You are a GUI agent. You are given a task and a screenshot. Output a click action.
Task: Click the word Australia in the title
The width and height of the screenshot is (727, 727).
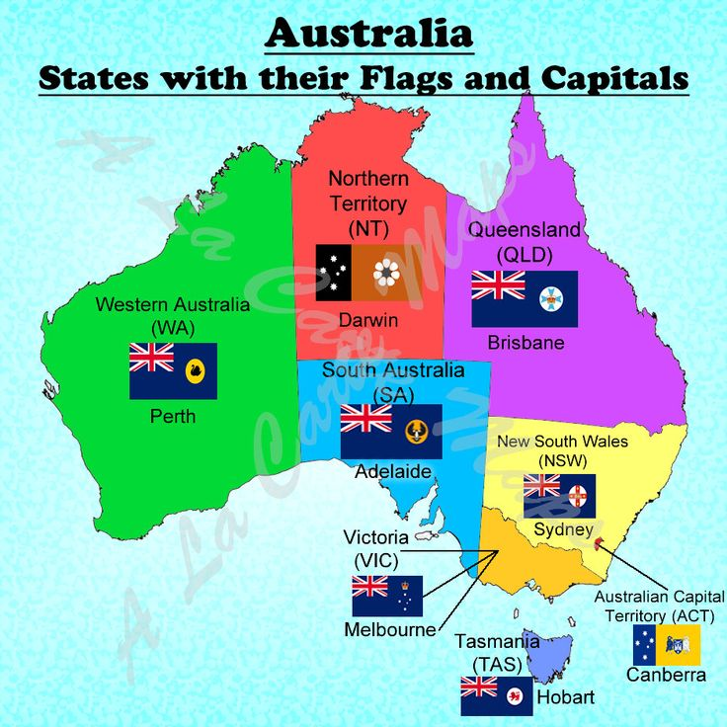pyautogui.click(x=369, y=34)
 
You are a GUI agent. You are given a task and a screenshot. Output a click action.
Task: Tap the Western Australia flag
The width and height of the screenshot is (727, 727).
pyautogui.click(x=173, y=370)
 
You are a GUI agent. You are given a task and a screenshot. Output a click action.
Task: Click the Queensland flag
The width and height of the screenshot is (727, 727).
pyautogui.click(x=524, y=298)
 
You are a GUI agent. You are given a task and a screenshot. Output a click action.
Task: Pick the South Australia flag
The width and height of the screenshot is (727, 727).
pyautogui.click(x=391, y=431)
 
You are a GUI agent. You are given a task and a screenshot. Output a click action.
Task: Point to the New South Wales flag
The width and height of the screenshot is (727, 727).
pyautogui.click(x=559, y=495)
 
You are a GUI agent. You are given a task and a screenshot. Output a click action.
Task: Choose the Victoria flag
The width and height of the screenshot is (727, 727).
pyautogui.click(x=387, y=596)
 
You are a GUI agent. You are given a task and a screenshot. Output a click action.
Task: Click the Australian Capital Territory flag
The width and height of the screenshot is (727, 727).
pyautogui.click(x=667, y=644)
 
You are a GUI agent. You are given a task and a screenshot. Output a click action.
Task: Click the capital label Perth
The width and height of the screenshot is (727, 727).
pyautogui.click(x=173, y=416)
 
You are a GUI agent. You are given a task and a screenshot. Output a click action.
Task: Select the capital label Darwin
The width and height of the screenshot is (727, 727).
pyautogui.click(x=367, y=320)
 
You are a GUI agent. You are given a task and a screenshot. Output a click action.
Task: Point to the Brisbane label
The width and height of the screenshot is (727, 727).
pyautogui.click(x=525, y=343)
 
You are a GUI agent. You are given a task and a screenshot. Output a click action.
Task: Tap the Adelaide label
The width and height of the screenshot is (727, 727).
pyautogui.click(x=393, y=472)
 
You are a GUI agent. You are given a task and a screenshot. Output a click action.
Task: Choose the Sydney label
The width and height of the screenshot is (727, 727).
pyautogui.click(x=562, y=529)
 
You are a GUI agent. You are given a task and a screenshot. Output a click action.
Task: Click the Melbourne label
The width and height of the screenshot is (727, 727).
pyautogui.click(x=389, y=629)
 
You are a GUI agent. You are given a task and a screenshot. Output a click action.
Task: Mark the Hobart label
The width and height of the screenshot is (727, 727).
pyautogui.click(x=565, y=697)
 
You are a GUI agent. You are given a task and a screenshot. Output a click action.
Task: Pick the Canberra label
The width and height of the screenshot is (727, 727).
pyautogui.click(x=666, y=676)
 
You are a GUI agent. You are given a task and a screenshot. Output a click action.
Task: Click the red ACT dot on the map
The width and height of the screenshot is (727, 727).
pyautogui.click(x=601, y=541)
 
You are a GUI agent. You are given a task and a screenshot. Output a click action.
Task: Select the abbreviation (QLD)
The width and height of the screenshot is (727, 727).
pyautogui.click(x=524, y=253)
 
